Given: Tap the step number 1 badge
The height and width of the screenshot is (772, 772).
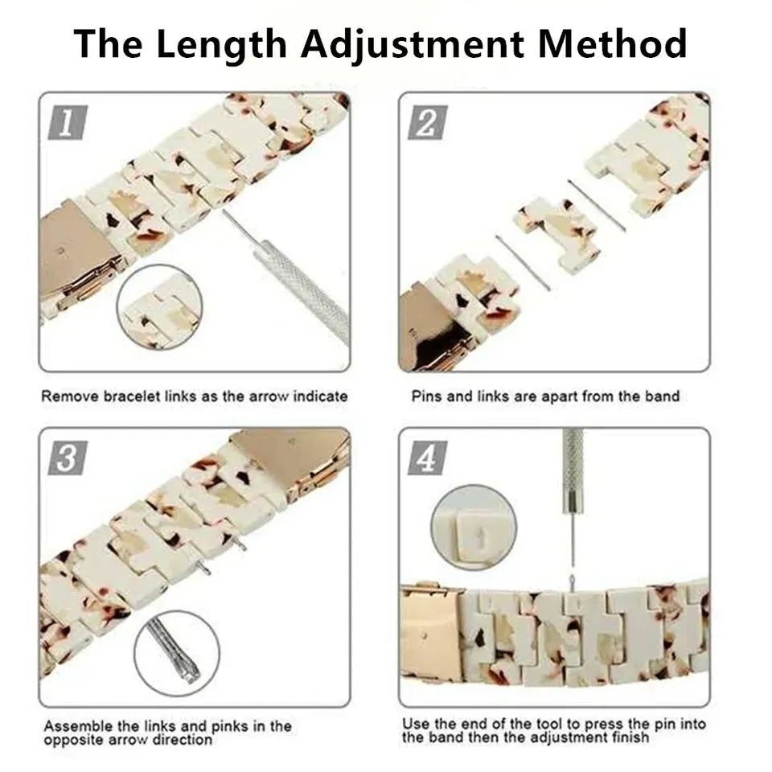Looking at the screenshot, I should pos(67,125).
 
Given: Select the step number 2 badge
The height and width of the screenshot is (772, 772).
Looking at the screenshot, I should pos(426,125).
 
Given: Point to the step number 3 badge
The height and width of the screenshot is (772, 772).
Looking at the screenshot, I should pos(67,458).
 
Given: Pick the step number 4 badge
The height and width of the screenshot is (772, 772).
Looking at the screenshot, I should pos(426,459).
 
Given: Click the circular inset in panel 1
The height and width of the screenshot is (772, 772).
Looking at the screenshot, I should pos(159,307).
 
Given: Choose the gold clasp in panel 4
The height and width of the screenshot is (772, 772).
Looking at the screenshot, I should pos(433,631).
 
